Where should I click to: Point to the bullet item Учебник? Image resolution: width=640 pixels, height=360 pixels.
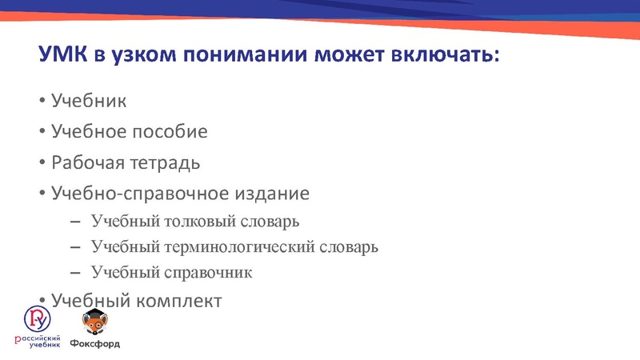tap(89, 102)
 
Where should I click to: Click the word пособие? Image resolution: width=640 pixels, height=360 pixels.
tap(170, 132)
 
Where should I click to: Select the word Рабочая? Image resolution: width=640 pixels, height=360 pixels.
tap(84, 163)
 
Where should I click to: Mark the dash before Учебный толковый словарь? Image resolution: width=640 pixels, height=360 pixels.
tap(75, 221)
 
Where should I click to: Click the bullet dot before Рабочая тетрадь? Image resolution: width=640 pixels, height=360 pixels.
tap(42, 164)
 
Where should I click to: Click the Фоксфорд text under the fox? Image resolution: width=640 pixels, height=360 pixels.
tap(94, 345)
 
